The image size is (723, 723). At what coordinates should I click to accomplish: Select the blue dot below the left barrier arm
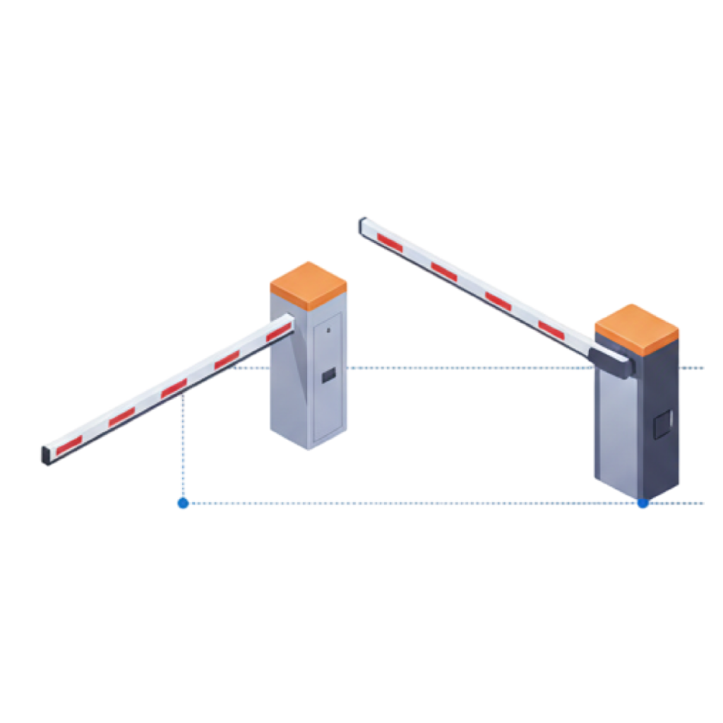[183, 503]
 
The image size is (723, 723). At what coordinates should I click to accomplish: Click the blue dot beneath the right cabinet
[642, 503]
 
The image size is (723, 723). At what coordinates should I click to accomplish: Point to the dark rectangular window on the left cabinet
[328, 376]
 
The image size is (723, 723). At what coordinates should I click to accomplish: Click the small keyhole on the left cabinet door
[328, 330]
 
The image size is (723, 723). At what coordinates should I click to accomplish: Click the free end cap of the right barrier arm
[364, 225]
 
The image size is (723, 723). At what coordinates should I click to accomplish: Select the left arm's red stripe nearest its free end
[70, 444]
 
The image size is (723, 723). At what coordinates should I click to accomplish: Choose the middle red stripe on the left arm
[174, 388]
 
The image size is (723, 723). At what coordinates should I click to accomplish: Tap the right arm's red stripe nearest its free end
[390, 241]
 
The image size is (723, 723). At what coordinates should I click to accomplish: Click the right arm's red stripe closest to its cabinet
[551, 328]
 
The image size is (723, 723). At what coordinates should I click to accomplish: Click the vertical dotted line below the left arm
[184, 445]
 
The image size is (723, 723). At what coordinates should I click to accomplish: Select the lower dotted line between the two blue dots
[410, 503]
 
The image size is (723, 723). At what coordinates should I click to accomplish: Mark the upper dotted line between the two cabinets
[466, 368]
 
